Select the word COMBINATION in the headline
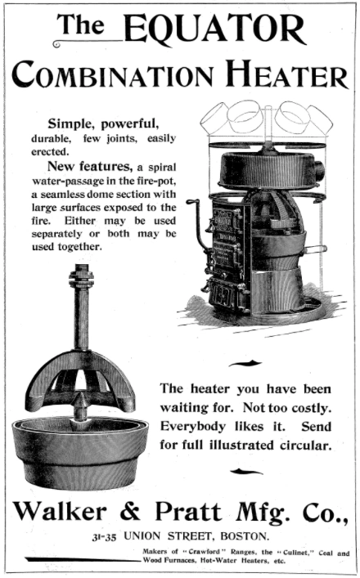(x=113, y=75)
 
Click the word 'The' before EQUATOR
(x=81, y=25)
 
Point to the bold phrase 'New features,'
(x=90, y=167)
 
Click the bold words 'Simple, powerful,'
(x=104, y=124)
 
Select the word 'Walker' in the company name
(x=60, y=511)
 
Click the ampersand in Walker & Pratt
(x=130, y=511)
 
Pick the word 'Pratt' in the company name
(x=188, y=511)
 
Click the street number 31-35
(x=104, y=537)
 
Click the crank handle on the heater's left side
(x=198, y=225)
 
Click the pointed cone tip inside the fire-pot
(x=80, y=397)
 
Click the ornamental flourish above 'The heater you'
(x=245, y=364)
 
